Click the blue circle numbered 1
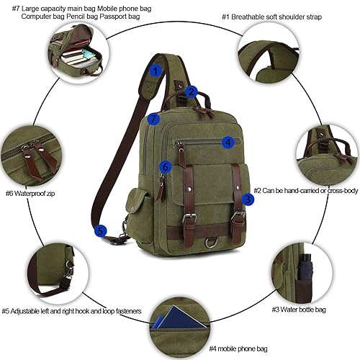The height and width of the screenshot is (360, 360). point(155,70)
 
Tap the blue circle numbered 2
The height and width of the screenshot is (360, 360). point(192,91)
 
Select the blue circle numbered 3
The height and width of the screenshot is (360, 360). point(247,198)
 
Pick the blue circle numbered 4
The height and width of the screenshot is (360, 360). point(228,143)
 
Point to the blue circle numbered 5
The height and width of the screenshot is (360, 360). point(101,230)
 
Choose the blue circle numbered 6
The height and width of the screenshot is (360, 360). point(166,167)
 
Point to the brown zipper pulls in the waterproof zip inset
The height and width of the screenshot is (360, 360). point(32,160)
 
